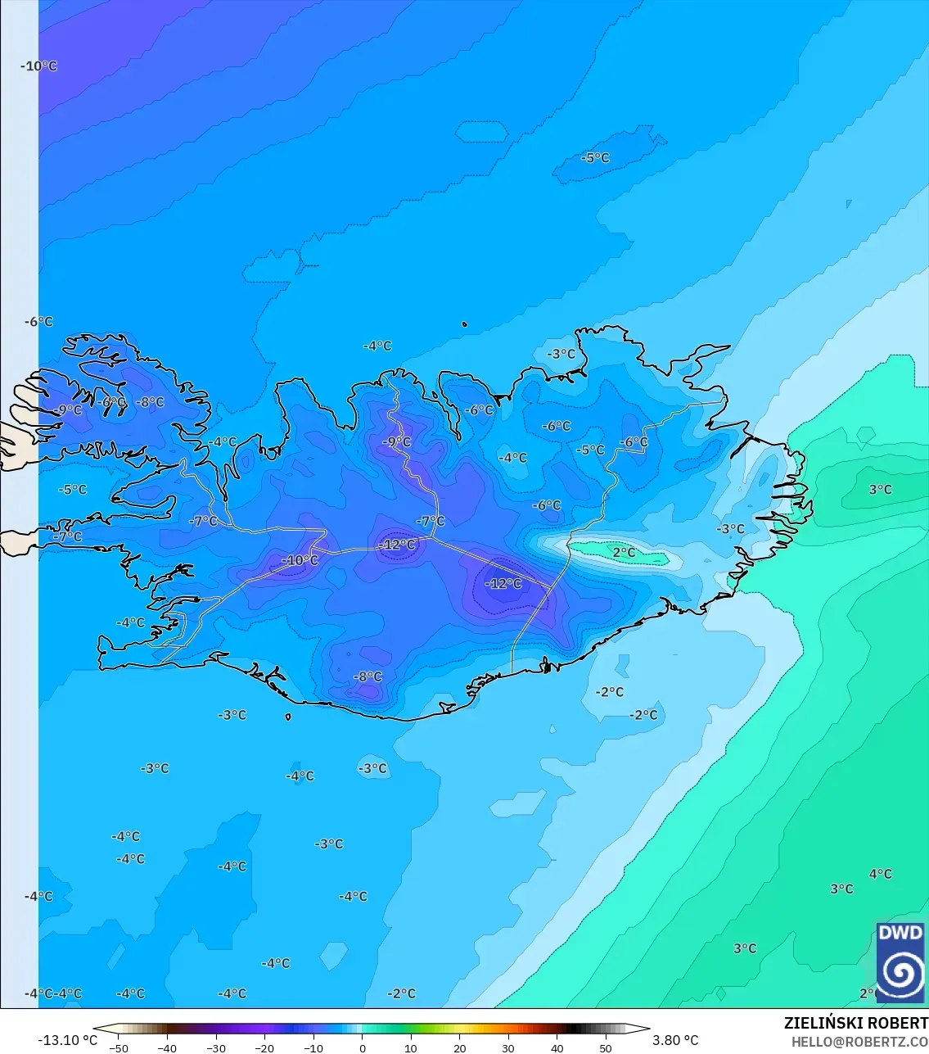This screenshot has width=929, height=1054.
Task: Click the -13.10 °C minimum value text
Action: click(x=67, y=1040)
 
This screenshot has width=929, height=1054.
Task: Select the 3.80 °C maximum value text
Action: click(x=675, y=1040)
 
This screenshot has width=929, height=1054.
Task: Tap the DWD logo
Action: click(x=900, y=961)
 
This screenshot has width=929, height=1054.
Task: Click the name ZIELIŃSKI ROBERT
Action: click(x=855, y=1023)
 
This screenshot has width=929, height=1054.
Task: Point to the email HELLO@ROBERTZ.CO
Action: click(x=859, y=1042)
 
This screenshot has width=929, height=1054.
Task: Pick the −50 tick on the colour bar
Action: click(x=119, y=1047)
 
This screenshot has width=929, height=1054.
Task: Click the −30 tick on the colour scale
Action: click(x=216, y=1047)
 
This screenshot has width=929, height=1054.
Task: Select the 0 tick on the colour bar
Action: click(x=363, y=1047)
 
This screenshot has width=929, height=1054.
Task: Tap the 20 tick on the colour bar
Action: click(x=459, y=1047)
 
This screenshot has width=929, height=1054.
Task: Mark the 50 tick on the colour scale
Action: click(x=606, y=1047)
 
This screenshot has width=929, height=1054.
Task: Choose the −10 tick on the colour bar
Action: click(x=313, y=1047)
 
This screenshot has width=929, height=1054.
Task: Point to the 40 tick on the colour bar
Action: click(x=557, y=1047)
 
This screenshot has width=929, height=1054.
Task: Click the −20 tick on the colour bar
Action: click(x=264, y=1047)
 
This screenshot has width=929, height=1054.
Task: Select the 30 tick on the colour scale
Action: click(x=508, y=1047)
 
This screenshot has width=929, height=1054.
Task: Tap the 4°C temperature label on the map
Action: click(x=880, y=874)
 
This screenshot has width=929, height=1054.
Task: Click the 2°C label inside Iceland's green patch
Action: click(x=624, y=553)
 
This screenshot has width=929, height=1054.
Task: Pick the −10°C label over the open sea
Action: click(x=39, y=66)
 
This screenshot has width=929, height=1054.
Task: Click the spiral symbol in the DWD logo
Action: click(x=900, y=973)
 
